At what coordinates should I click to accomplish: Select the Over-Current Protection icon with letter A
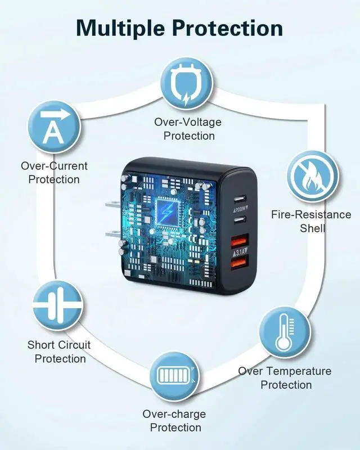click(x=55, y=127)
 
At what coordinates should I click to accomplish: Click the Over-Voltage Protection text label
click(x=188, y=129)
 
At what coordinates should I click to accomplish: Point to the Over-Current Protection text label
click(x=54, y=173)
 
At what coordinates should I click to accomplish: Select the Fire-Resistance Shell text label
click(x=312, y=221)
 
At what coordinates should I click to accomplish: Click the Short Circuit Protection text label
click(x=60, y=352)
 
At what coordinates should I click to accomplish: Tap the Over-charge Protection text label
click(x=174, y=421)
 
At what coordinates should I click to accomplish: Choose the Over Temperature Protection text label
click(x=285, y=378)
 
